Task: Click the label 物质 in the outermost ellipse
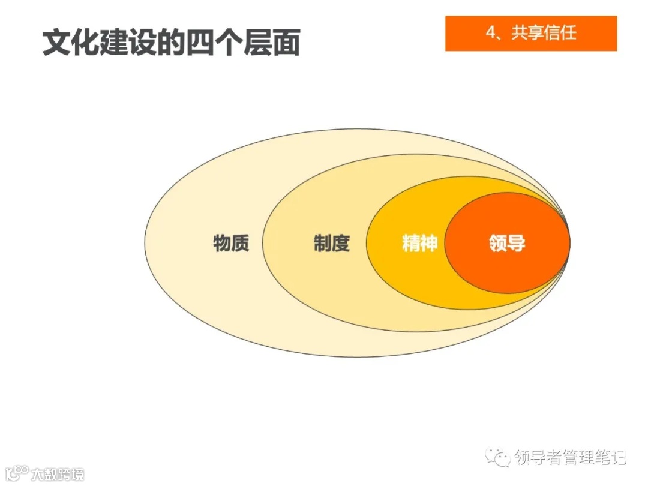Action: [231, 244]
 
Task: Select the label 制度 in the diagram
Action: [331, 244]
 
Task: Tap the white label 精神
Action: [419, 244]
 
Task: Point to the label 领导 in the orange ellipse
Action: [507, 244]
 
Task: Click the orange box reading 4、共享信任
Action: [531, 34]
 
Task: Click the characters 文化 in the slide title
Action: [71, 43]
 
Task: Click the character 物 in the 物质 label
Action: [222, 244]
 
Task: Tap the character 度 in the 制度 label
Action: [340, 244]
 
